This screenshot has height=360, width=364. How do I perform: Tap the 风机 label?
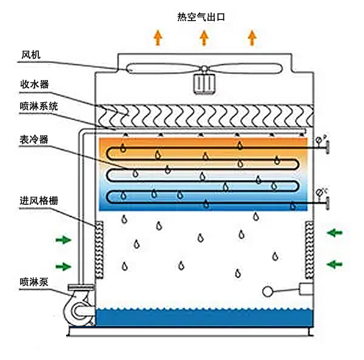coord(30,55)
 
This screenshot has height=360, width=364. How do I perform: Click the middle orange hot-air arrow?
coord(204,38)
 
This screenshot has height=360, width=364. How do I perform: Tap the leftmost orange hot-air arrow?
coord(158,38)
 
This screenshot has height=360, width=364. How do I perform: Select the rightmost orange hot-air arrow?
coord(252,38)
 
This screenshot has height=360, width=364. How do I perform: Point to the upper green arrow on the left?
coord(62,240)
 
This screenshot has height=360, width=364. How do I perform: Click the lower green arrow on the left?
coord(62,265)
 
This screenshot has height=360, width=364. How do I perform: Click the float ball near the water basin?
coord(268,292)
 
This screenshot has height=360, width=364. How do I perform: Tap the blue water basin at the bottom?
coord(203,316)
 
